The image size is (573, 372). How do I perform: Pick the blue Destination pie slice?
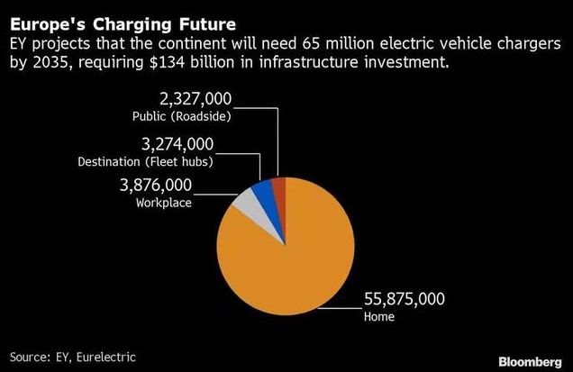263,191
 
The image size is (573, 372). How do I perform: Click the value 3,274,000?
177,144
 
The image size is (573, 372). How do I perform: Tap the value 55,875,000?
405,300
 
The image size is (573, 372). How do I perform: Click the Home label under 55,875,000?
378,317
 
